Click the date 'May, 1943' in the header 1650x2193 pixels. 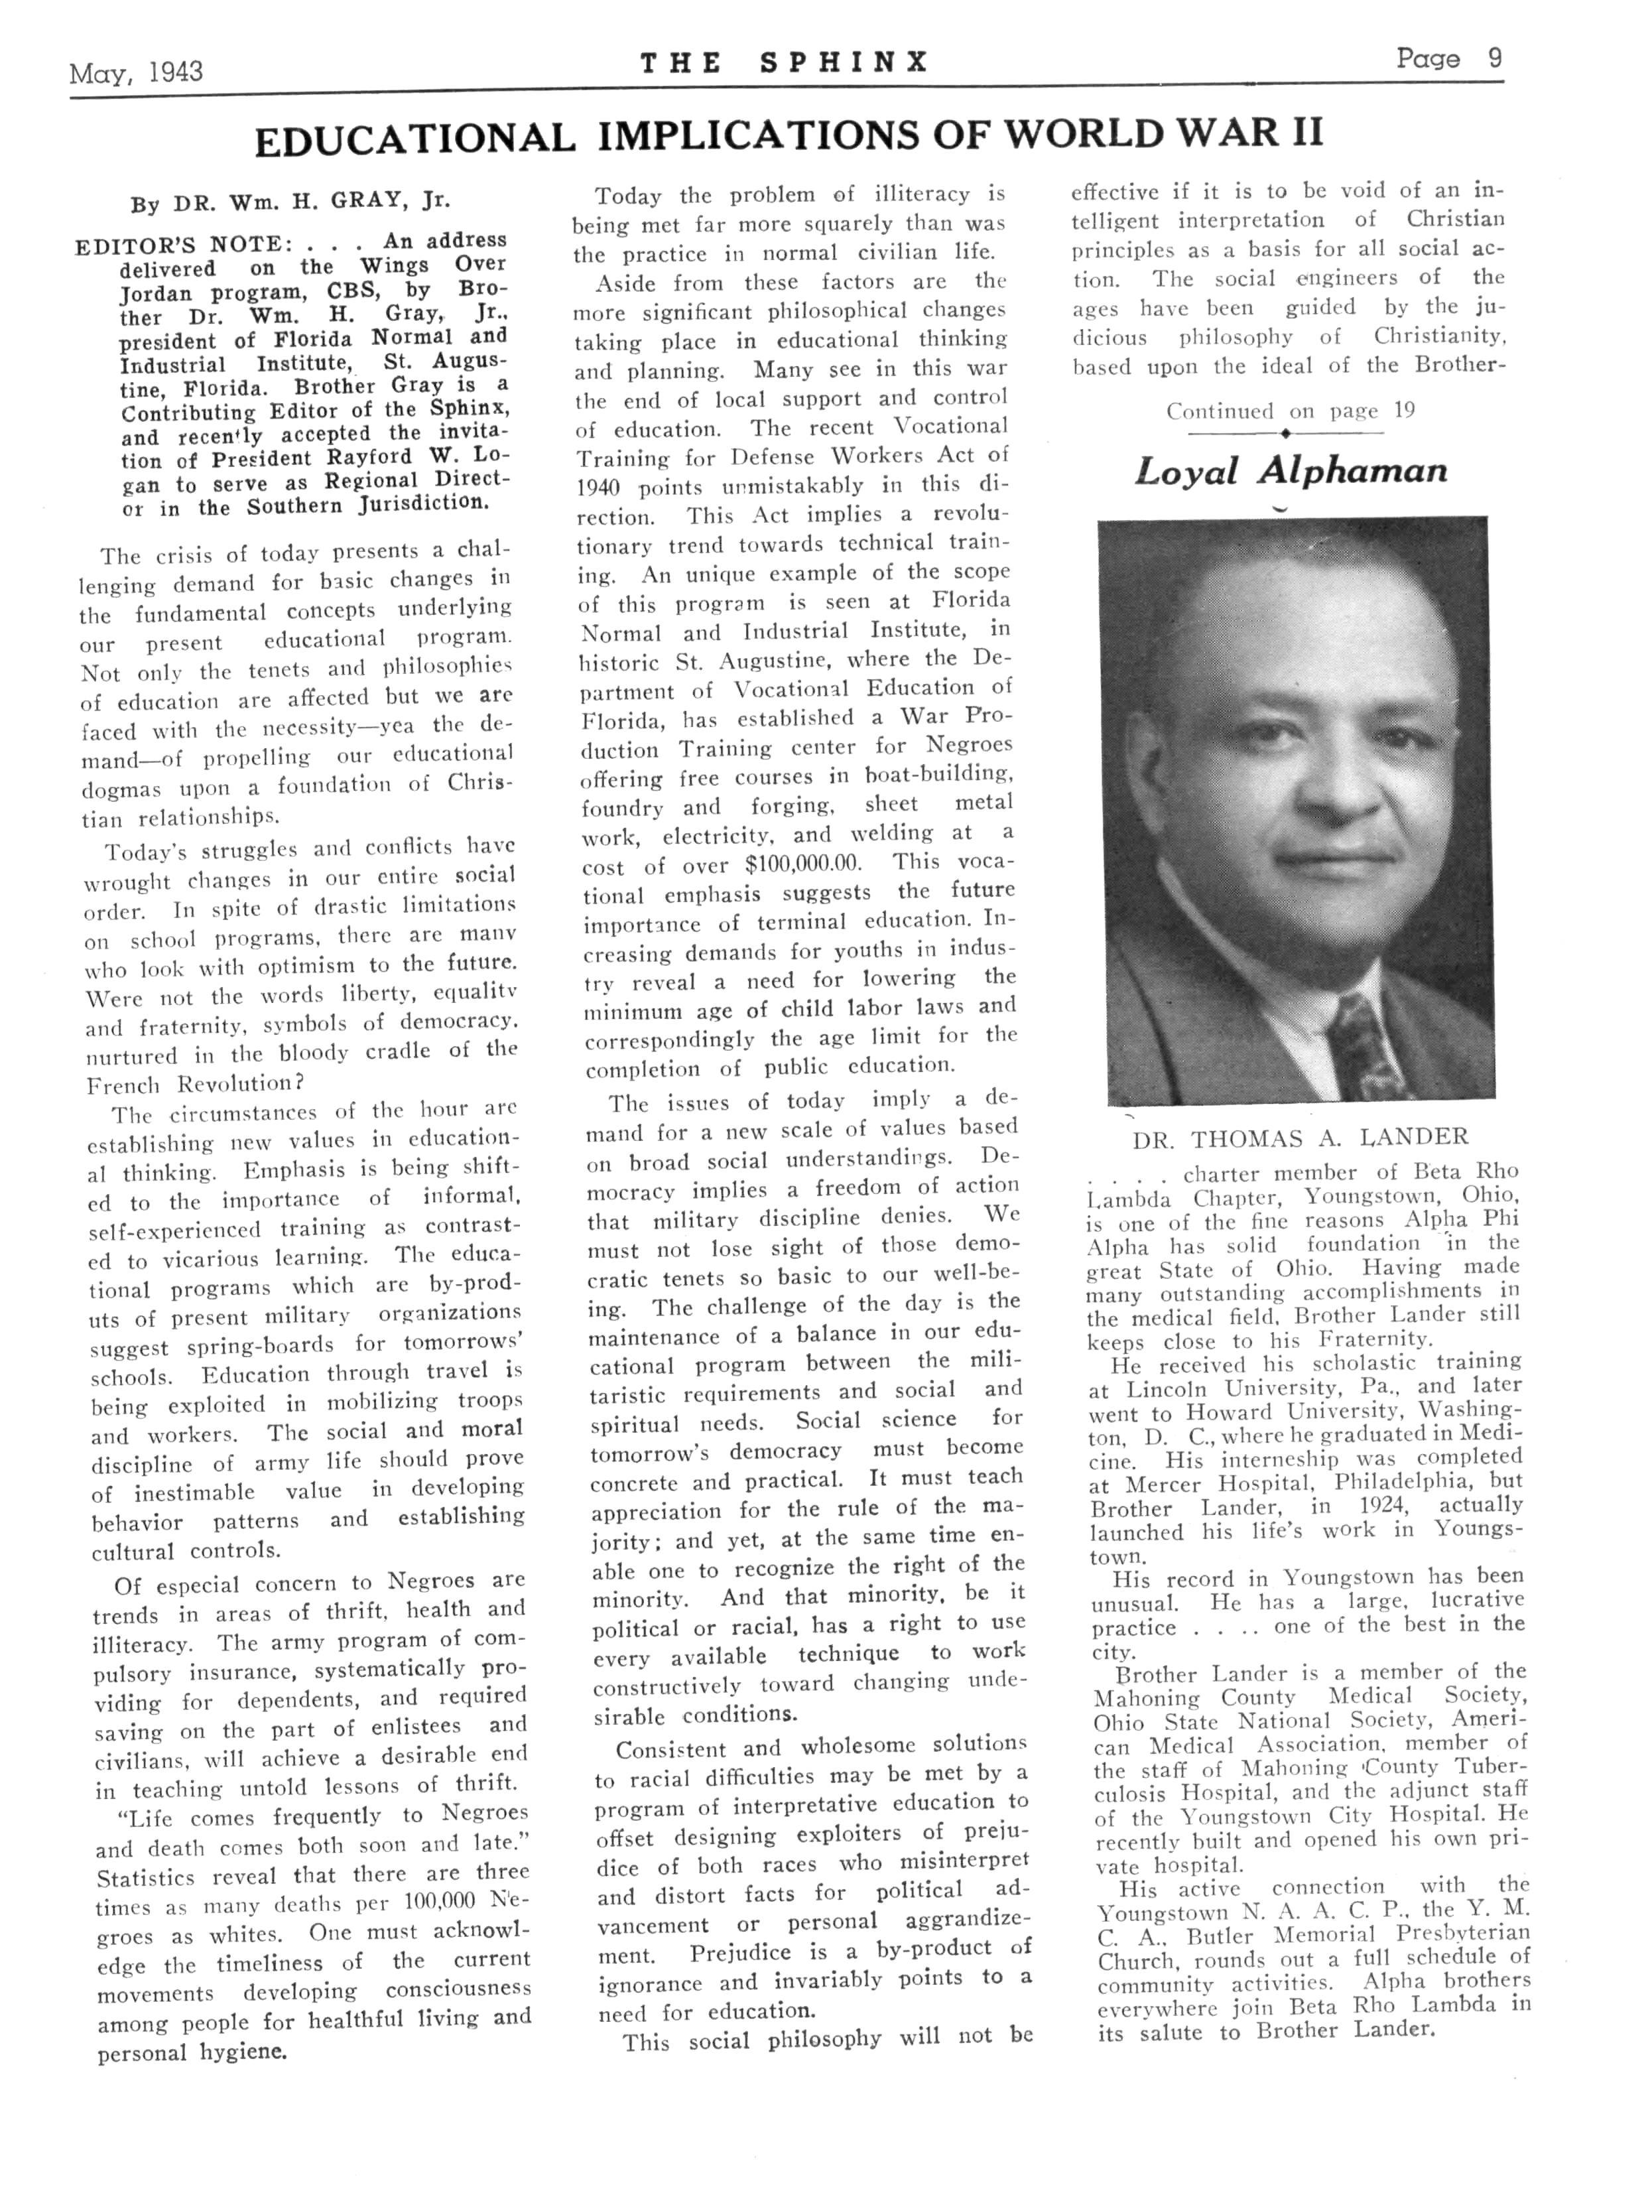click(136, 72)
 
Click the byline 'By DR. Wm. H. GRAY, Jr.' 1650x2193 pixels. click(290, 202)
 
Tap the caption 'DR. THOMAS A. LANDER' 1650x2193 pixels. click(1301, 1138)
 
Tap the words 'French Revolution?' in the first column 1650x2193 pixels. click(189, 1084)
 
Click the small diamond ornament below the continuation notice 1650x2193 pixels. click(1285, 433)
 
